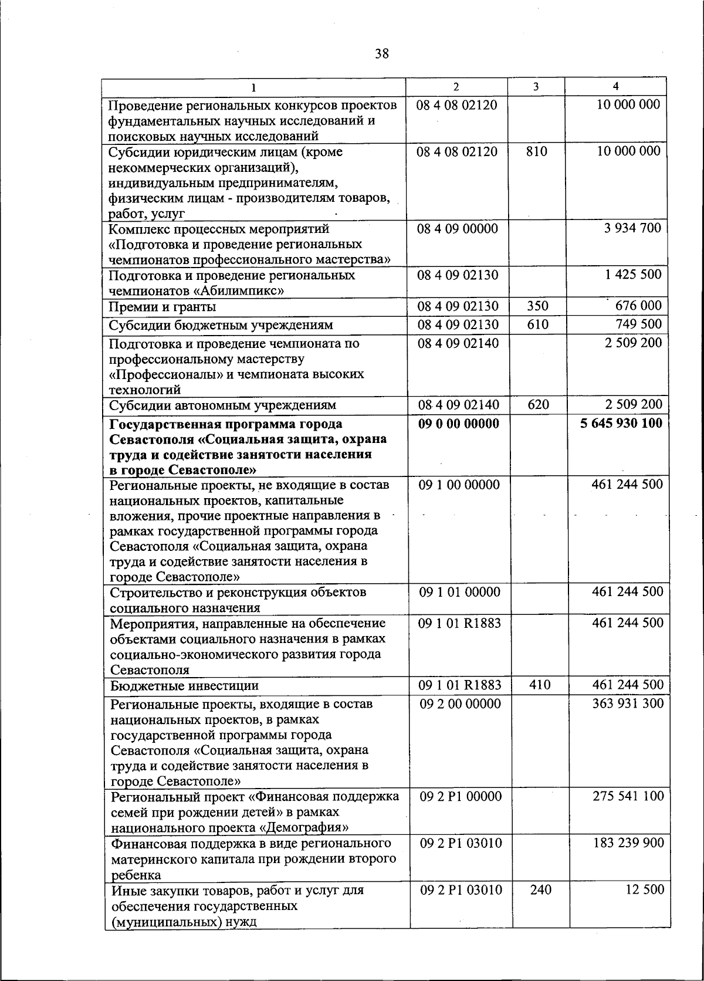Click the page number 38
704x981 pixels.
(381, 55)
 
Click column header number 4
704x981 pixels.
(615, 86)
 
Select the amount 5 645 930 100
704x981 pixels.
(621, 423)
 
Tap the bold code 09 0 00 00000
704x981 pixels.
(458, 424)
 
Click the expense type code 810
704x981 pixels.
(536, 151)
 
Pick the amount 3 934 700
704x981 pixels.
(632, 228)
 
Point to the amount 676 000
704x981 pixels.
(638, 306)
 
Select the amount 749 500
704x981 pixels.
(638, 324)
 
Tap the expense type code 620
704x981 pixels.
(538, 404)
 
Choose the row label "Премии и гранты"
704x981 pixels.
(163, 307)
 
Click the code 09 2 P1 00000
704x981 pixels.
(461, 796)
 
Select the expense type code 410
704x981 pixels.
(540, 685)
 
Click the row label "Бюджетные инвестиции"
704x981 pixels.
(184, 686)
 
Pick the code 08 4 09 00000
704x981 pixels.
(458, 228)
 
